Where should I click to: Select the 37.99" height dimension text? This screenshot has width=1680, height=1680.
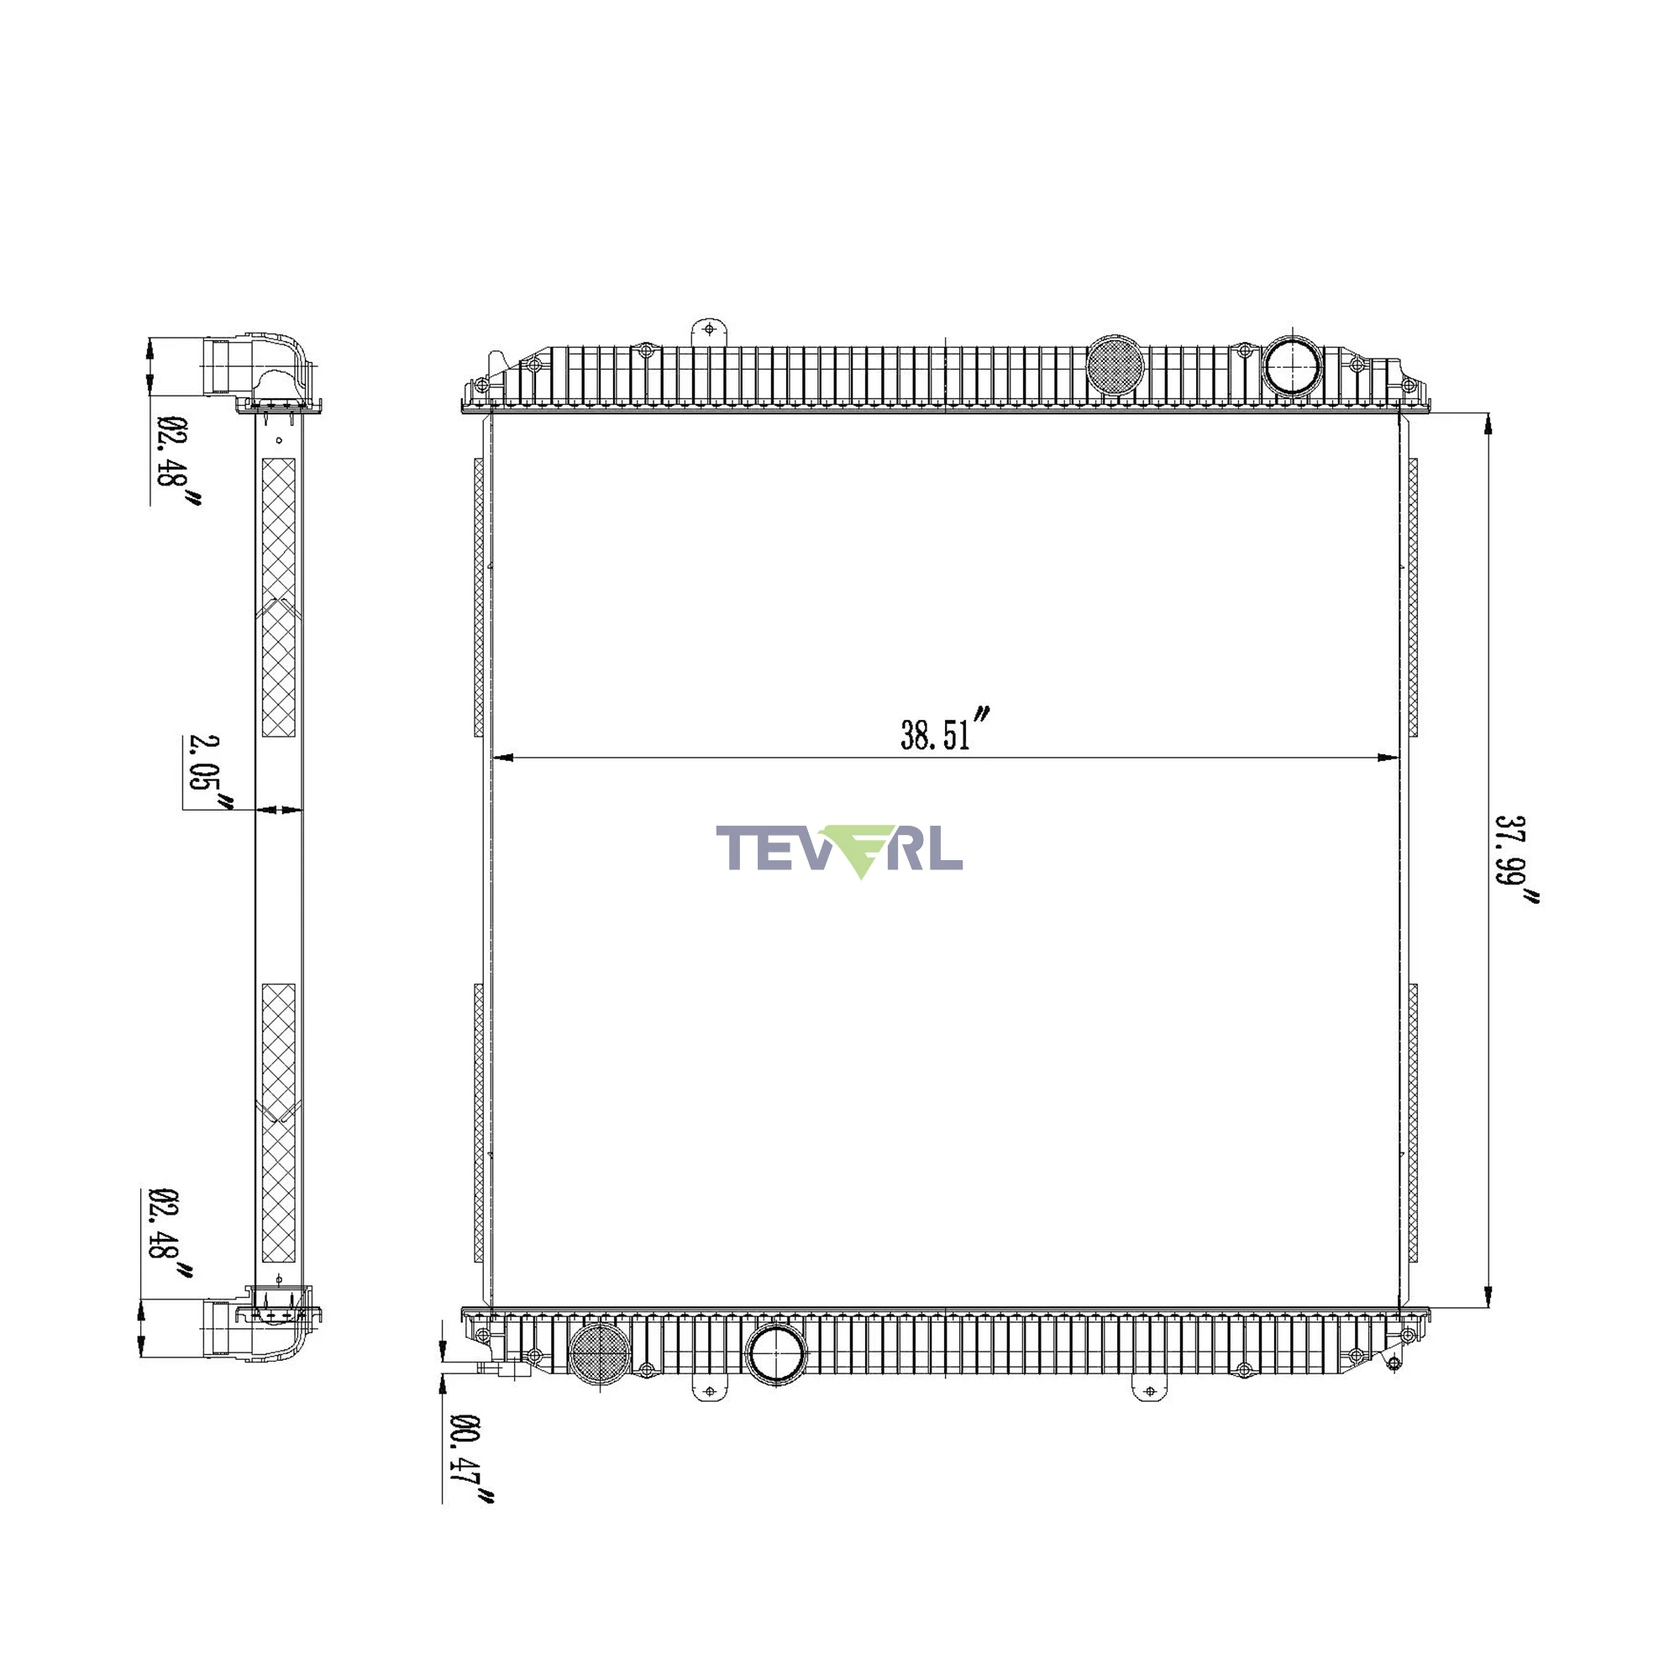(1515, 861)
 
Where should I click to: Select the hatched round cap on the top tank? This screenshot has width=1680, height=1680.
(1116, 365)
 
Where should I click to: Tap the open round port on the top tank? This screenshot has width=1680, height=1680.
(1292, 365)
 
